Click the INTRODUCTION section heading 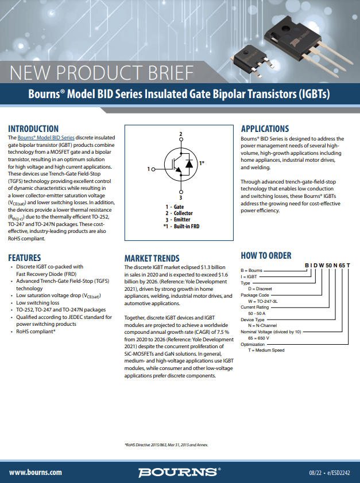[33, 129]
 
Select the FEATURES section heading [25, 258]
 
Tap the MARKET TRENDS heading [152, 259]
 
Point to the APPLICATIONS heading [265, 129]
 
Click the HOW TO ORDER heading [265, 256]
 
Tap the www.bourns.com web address [36, 472]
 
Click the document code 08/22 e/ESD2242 [329, 472]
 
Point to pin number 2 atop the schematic [181, 134]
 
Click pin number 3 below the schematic [181, 198]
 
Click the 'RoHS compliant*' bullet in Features [36, 331]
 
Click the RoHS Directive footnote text [167, 445]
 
